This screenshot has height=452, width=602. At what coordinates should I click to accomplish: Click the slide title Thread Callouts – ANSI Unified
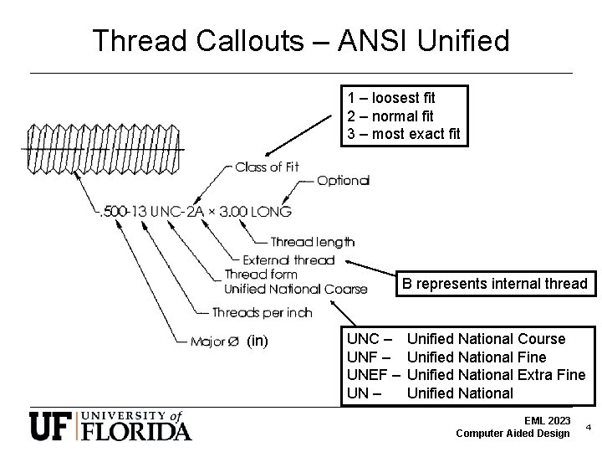coord(300,40)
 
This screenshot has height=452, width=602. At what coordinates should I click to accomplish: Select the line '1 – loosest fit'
coord(391,99)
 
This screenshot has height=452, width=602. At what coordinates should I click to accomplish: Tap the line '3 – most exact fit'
coord(404,134)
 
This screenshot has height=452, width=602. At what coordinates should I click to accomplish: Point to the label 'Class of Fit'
coord(267,167)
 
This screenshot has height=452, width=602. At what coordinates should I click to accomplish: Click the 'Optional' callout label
coord(343,181)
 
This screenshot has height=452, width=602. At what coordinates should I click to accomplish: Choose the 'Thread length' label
coord(312,243)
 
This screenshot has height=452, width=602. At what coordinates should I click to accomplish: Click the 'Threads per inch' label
coord(262,312)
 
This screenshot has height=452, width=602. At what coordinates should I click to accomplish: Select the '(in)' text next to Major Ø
coord(258,341)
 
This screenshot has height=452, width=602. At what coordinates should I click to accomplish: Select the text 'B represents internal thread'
coord(494,283)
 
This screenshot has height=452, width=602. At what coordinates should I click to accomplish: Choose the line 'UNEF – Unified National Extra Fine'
coord(465,375)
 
